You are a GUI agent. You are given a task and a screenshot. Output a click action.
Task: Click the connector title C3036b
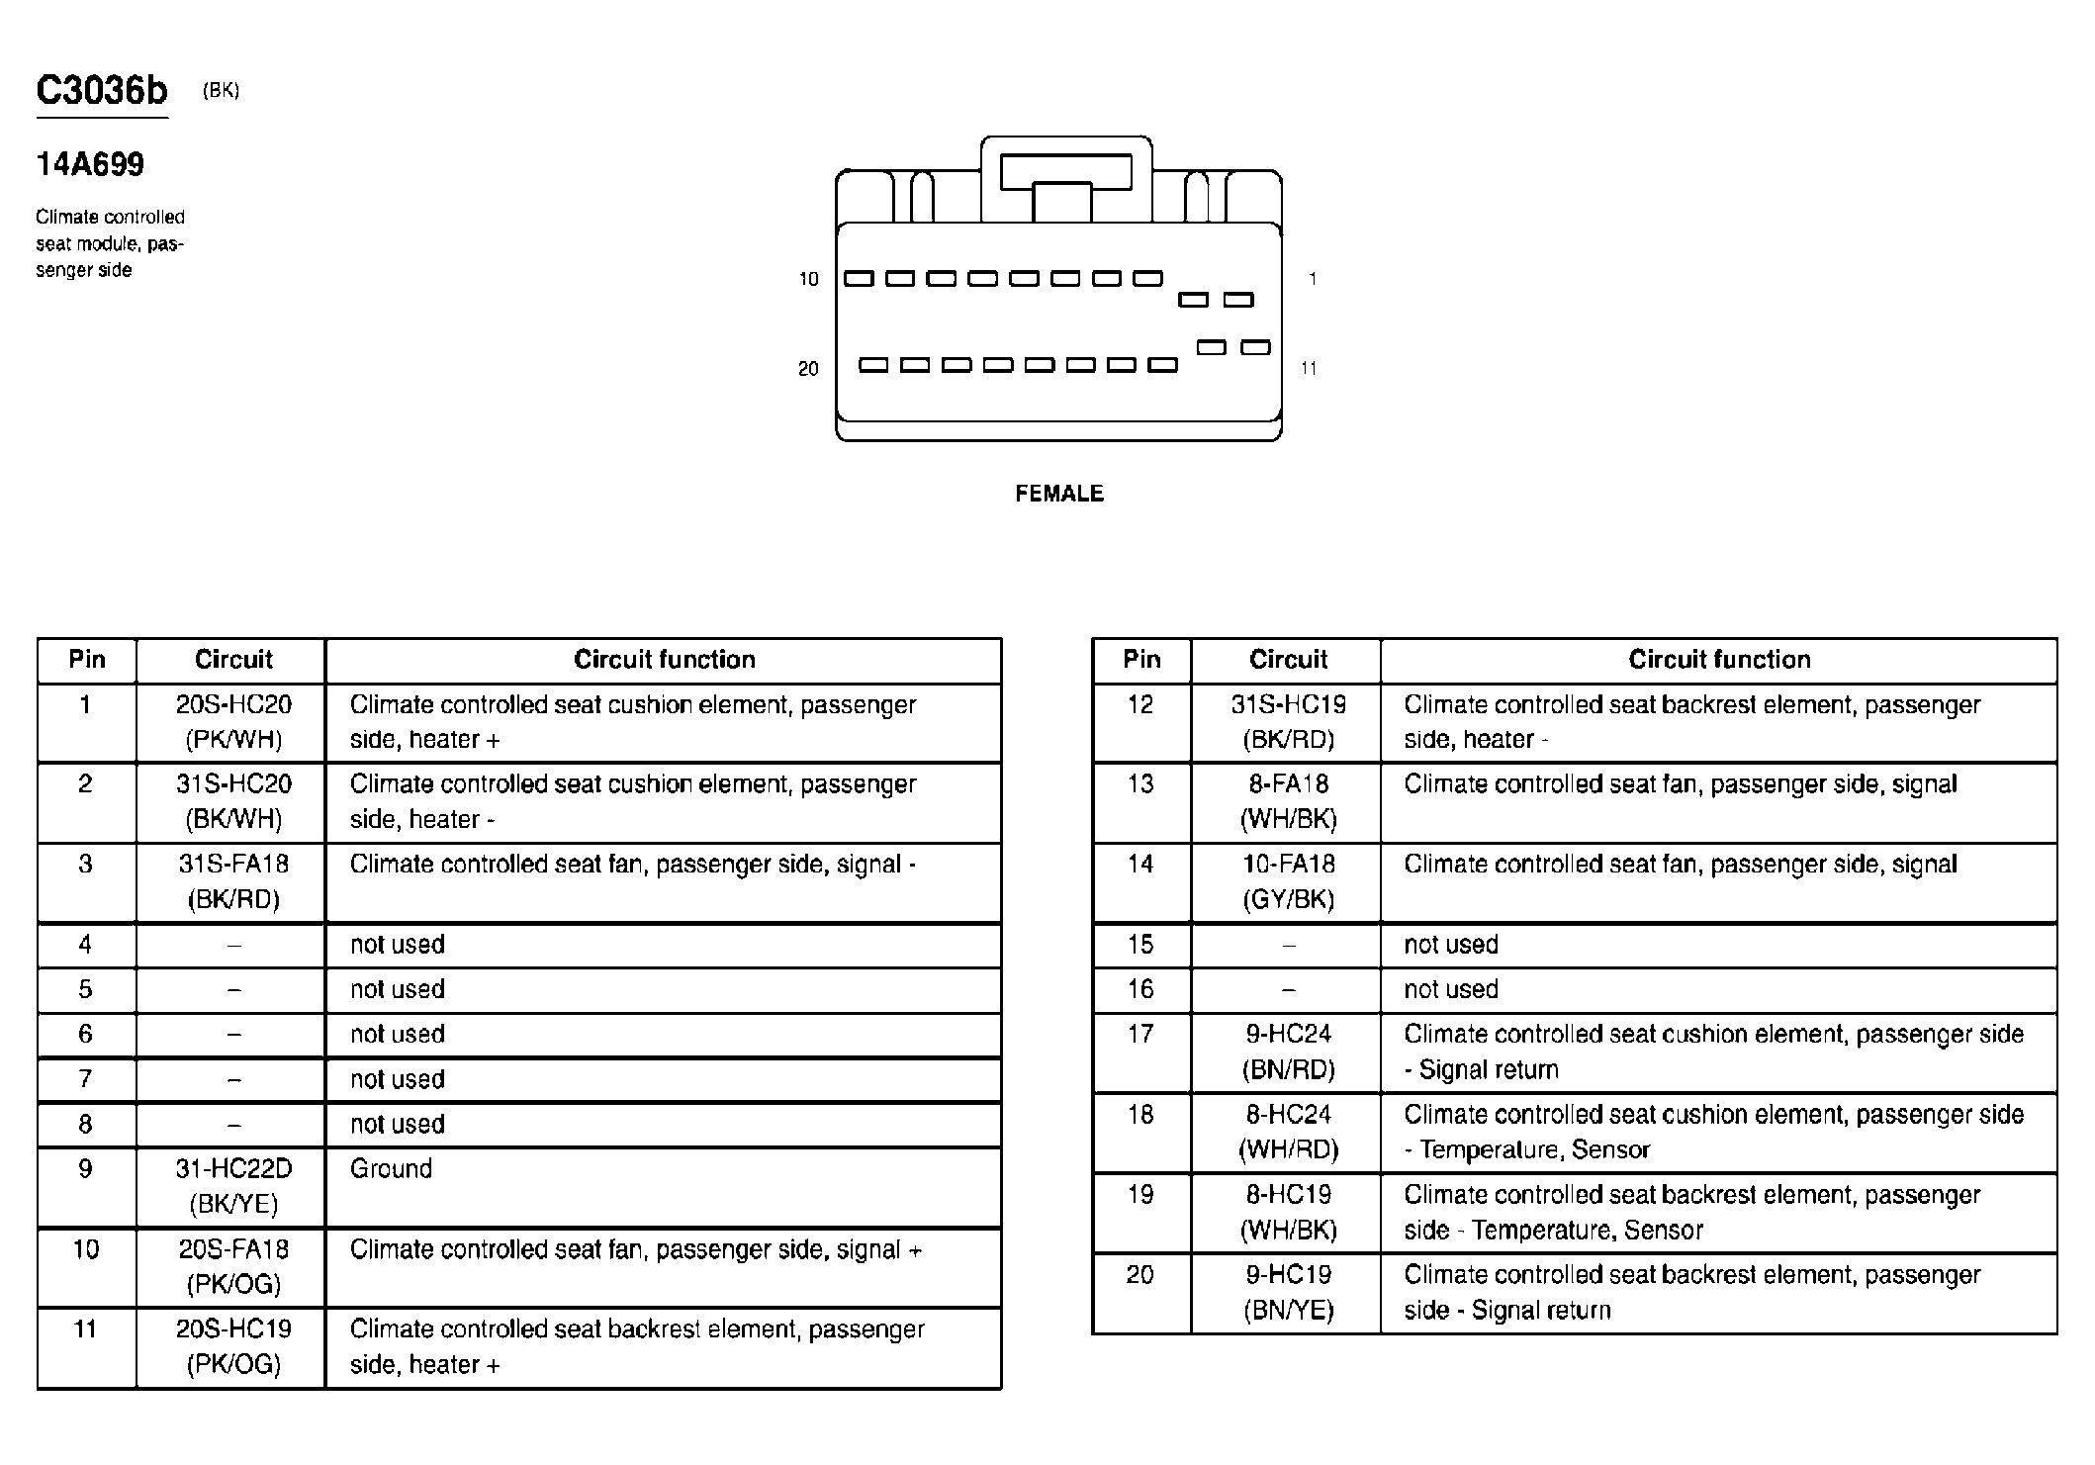pos(102,91)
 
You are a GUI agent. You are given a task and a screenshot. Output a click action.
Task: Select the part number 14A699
pos(90,164)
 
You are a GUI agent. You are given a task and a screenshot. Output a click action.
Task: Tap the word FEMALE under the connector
pos(1058,494)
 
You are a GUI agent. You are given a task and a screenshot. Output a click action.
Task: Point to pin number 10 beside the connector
pos(808,280)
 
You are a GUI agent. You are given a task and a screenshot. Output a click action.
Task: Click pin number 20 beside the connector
pos(808,369)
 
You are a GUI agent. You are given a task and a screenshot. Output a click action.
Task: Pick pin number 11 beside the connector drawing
pos(1308,369)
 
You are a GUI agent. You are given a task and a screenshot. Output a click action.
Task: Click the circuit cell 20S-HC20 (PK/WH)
pos(233,722)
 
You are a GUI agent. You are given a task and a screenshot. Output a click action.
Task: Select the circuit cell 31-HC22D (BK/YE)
pos(233,1186)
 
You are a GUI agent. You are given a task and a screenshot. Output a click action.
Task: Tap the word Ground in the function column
pos(391,1169)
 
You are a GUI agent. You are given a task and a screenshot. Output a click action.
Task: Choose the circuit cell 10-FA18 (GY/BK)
pos(1288,881)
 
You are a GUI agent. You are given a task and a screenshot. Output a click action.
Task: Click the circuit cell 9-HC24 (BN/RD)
pos(1288,1052)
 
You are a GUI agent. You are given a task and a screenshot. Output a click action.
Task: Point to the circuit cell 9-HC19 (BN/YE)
pos(1288,1292)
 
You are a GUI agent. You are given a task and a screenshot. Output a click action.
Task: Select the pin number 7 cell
pos(85,1079)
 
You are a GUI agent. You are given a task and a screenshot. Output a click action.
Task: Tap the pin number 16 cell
pos(1139,989)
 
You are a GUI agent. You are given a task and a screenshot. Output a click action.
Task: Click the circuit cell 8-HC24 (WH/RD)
pos(1288,1132)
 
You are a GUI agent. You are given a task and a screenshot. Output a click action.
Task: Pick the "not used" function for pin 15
pos(1450,945)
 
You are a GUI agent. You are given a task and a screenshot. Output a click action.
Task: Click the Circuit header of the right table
pos(1288,660)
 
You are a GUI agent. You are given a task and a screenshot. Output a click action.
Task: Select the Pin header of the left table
pos(86,660)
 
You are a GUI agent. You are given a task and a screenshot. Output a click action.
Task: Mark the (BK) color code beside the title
pos(221,91)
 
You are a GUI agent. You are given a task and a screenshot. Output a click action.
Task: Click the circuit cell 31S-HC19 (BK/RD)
pos(1288,722)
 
